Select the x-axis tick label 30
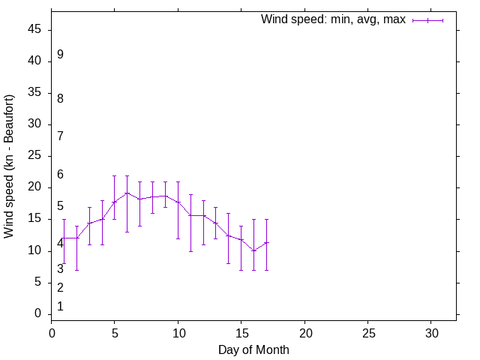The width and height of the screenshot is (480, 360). tap(431, 332)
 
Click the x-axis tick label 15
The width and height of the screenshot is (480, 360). tap(241, 332)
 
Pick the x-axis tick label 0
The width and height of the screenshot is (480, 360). tap(52, 332)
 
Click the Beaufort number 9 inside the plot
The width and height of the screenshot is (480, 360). tap(60, 55)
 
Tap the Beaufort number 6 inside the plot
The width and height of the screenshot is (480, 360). tap(60, 175)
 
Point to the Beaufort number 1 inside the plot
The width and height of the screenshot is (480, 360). tap(60, 306)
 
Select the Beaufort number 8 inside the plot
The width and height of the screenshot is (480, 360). tap(60, 98)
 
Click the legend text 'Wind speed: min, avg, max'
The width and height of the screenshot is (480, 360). tap(333, 19)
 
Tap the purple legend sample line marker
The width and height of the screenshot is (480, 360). tap(427, 20)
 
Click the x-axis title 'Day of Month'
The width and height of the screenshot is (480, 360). tap(253, 349)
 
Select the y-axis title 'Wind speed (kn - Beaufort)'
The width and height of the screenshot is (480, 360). tap(10, 166)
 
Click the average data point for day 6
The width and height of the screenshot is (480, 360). tap(127, 193)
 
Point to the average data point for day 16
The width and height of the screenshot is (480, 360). tap(254, 250)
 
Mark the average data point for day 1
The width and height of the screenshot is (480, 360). tap(64, 238)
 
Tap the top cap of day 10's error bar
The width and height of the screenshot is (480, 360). tap(178, 181)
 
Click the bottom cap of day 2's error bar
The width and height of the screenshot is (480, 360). tap(77, 270)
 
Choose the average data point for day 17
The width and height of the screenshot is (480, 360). tap(267, 242)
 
